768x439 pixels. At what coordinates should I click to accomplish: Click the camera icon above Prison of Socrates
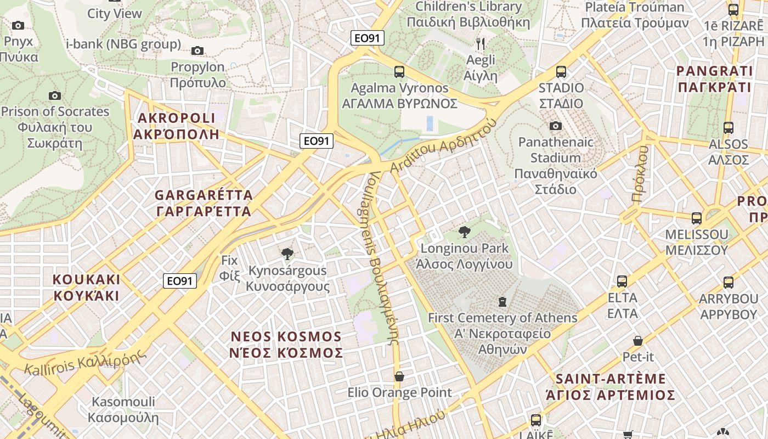click(x=54, y=96)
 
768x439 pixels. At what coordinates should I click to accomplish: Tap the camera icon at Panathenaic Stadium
click(x=556, y=126)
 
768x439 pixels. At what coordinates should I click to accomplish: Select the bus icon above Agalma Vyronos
click(x=399, y=71)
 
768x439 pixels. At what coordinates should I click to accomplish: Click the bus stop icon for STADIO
click(x=561, y=71)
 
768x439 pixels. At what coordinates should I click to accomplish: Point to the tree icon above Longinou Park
click(x=465, y=232)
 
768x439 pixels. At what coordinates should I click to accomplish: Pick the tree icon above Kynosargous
click(x=287, y=254)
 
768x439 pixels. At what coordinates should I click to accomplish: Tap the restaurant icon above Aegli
click(x=481, y=43)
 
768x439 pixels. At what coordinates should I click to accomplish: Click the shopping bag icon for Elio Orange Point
click(x=399, y=376)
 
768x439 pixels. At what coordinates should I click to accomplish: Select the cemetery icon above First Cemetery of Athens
click(x=502, y=301)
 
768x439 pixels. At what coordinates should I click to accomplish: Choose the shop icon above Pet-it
click(x=638, y=341)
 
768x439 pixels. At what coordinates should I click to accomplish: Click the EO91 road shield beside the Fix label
click(x=180, y=281)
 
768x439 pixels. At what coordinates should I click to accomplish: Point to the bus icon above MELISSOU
click(x=697, y=218)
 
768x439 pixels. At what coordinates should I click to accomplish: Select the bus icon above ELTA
click(x=622, y=282)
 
